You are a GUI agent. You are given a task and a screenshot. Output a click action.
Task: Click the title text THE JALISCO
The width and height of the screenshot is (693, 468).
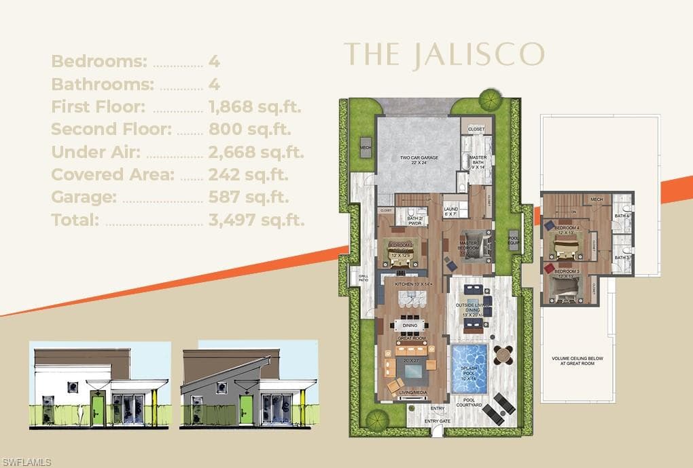[x=444, y=54]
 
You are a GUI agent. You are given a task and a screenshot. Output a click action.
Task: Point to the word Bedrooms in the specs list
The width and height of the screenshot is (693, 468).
[x=99, y=61]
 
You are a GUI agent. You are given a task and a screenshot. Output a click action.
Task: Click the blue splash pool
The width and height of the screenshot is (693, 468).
[x=469, y=369]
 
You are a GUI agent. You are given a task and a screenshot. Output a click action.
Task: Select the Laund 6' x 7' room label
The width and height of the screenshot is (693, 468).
[x=451, y=211]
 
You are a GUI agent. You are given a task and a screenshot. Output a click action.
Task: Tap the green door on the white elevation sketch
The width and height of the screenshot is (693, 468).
[x=97, y=410]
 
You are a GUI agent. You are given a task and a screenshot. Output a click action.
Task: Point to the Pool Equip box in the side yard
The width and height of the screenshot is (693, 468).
[x=514, y=241]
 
